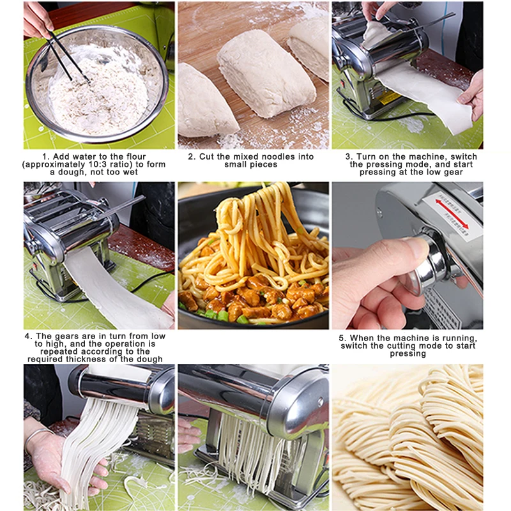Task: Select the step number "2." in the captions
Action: [x=192, y=156]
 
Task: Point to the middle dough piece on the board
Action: [x=266, y=73]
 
